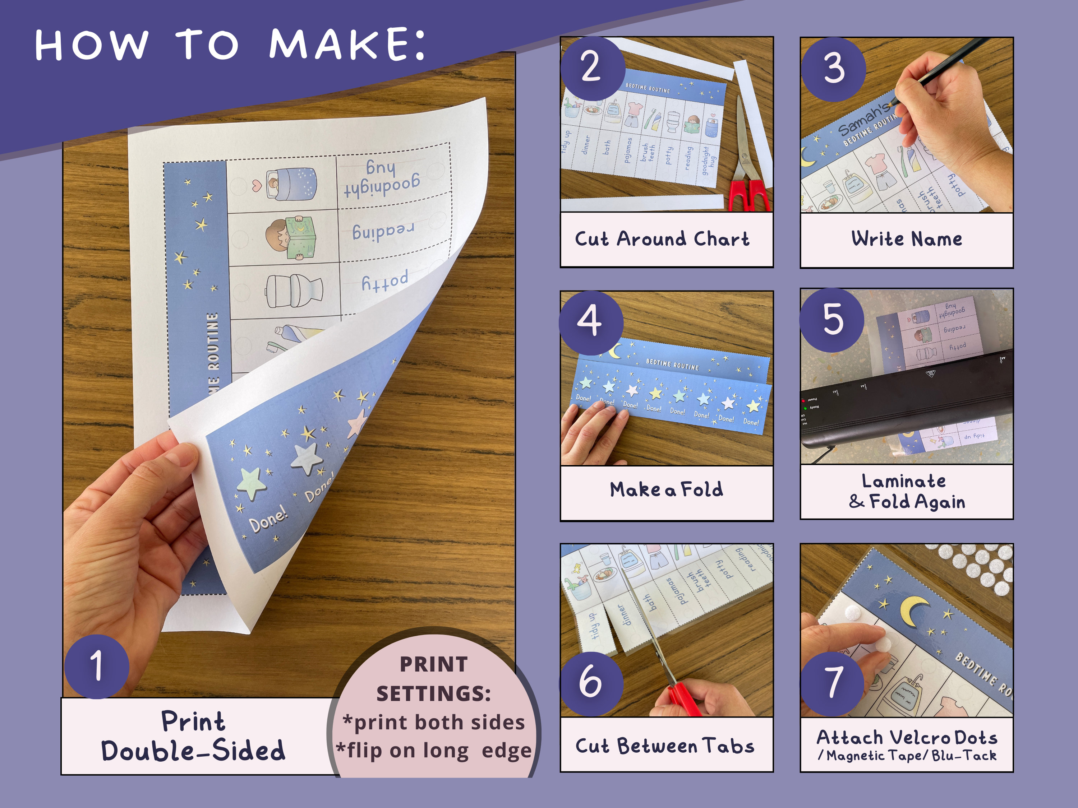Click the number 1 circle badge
click(x=97, y=666)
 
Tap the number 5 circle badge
click(x=832, y=320)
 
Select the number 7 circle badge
click(x=832, y=683)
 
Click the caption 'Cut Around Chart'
click(x=662, y=239)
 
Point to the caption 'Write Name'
click(x=907, y=239)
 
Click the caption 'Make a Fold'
click(x=666, y=489)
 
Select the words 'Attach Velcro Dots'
click(x=907, y=737)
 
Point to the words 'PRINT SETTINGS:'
click(x=433, y=679)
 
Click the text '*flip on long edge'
click(x=433, y=751)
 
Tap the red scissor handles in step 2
click(x=750, y=195)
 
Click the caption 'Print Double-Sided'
click(x=193, y=736)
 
